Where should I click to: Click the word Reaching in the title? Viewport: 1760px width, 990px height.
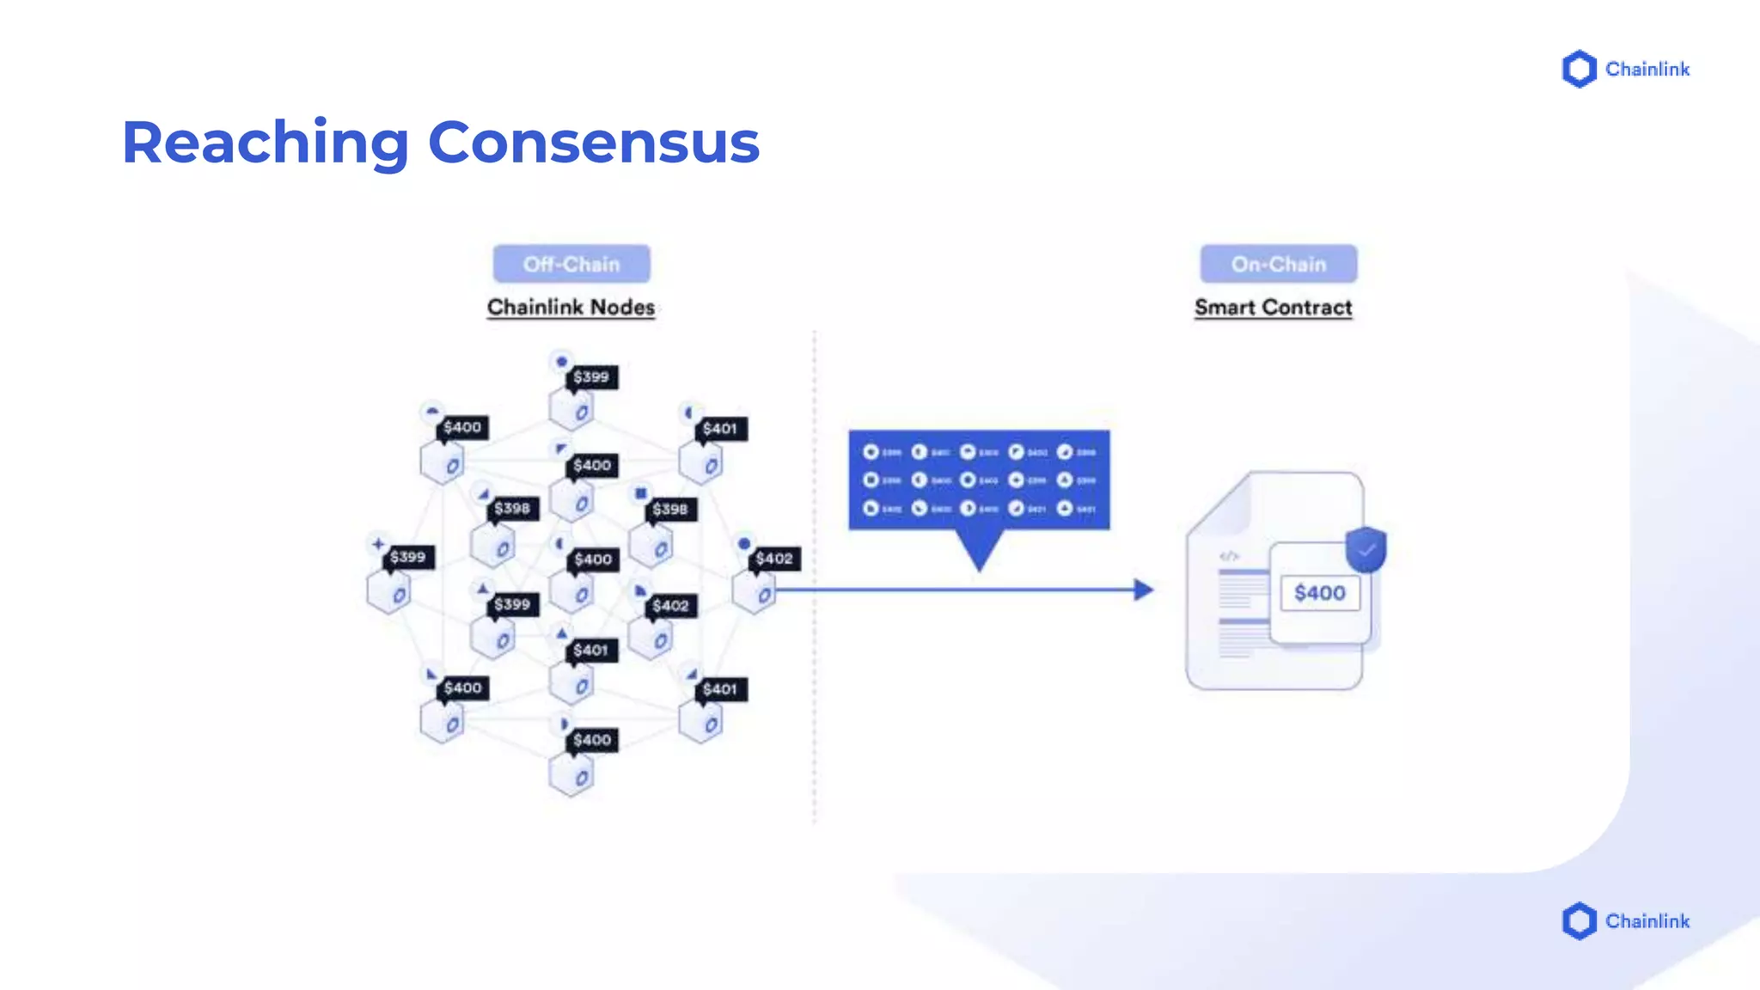point(265,143)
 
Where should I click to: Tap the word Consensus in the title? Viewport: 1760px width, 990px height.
point(593,143)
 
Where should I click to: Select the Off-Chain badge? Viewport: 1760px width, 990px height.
point(571,264)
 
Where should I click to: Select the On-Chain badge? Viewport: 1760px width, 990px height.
point(1279,264)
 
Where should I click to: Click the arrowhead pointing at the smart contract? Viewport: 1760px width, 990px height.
point(1143,590)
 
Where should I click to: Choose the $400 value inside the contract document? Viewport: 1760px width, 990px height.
point(1320,593)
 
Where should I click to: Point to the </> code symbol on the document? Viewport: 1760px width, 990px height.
point(1229,556)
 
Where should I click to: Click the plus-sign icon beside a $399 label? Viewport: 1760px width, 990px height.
point(378,543)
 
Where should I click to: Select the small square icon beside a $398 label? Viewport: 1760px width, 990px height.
point(640,493)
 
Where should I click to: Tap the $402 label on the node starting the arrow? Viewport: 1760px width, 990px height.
point(774,559)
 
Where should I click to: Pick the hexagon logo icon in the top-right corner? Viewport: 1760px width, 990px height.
point(1579,69)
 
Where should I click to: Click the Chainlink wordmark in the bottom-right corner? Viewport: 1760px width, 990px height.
point(1647,921)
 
